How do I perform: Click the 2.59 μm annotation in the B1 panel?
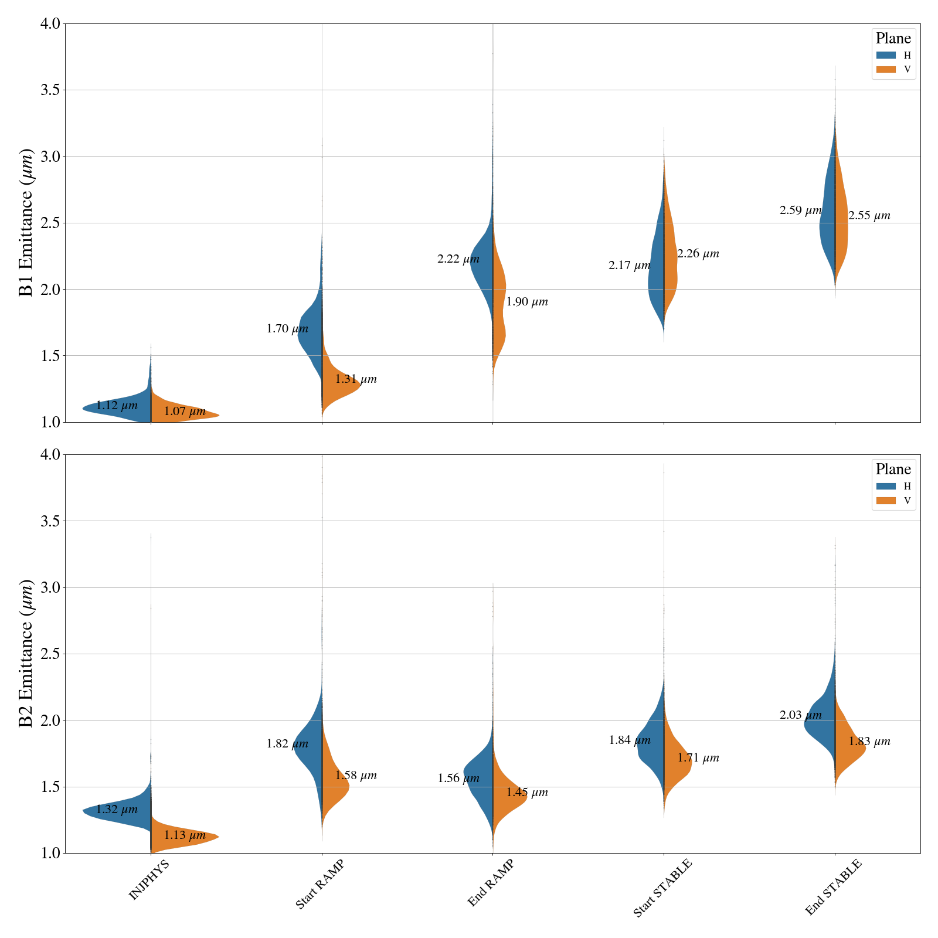tap(800, 210)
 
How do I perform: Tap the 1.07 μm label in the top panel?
tap(185, 412)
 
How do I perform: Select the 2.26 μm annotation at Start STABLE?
tap(698, 254)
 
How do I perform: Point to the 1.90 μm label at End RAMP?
tap(527, 302)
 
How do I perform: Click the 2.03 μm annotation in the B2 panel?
tap(800, 715)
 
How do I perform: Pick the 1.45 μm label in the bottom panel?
tap(527, 793)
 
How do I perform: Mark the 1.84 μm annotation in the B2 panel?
tap(630, 740)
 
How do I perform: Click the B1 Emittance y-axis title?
tap(26, 223)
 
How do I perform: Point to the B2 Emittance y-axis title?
tap(26, 654)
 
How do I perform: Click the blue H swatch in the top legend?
tap(886, 55)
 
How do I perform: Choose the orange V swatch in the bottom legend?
tap(886, 501)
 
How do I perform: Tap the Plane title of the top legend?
tap(893, 39)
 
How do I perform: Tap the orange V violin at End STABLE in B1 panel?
tap(842, 223)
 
